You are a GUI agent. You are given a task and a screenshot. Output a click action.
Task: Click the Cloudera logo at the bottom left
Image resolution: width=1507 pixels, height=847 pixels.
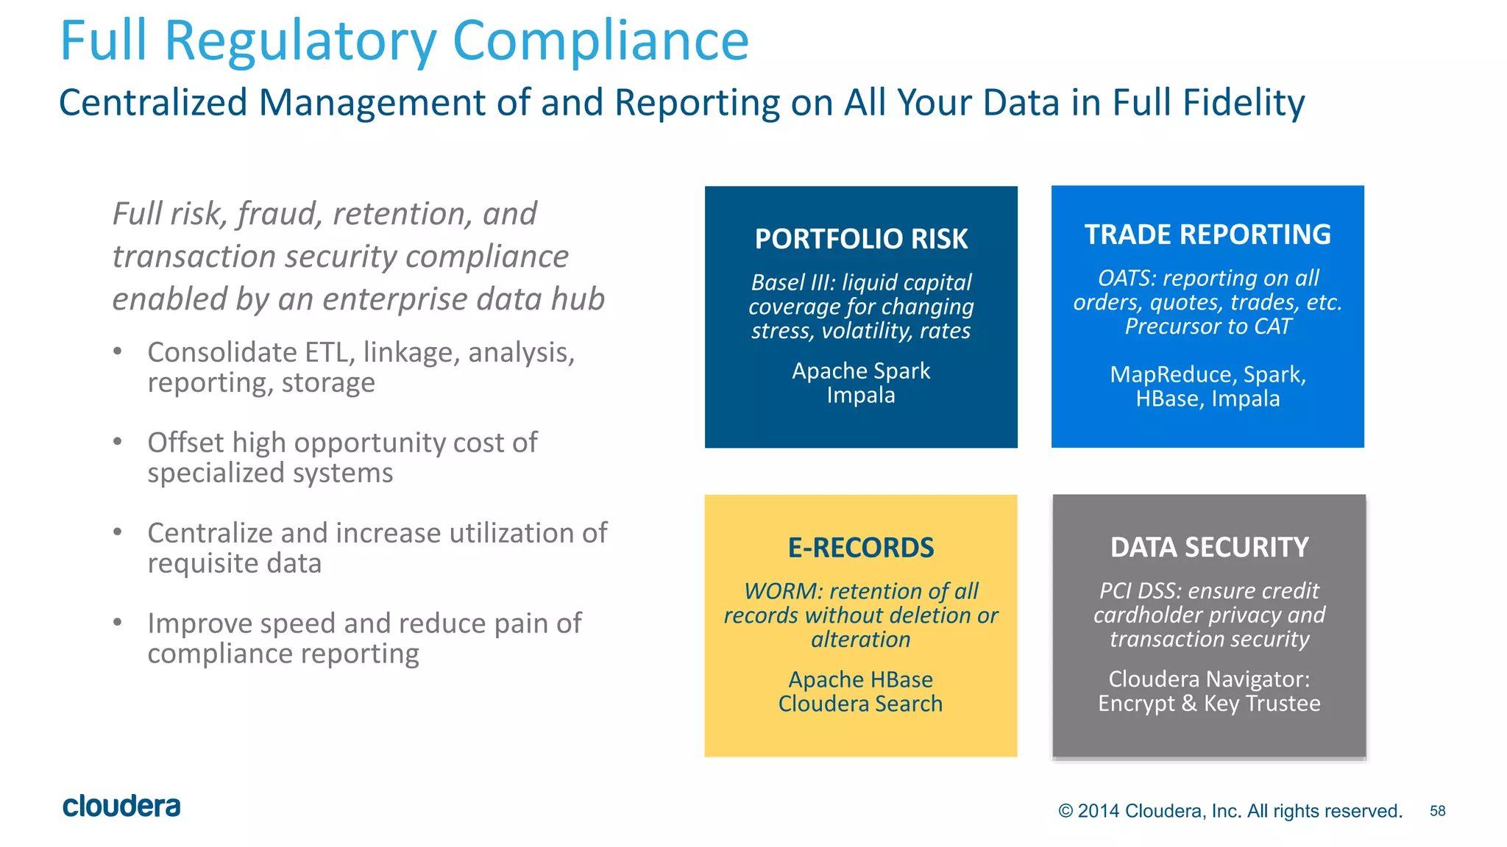click(121, 806)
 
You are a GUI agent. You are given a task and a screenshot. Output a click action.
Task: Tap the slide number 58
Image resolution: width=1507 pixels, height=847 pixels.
click(1437, 811)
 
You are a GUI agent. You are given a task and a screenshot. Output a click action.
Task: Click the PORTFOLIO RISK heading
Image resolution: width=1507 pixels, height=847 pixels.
click(861, 239)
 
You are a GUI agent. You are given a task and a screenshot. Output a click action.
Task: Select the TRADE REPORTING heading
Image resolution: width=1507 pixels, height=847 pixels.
click(1208, 235)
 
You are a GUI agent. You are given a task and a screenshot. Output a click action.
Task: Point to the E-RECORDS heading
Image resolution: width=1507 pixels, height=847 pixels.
click(860, 548)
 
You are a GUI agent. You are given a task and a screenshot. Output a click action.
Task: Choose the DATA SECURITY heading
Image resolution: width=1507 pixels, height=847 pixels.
click(1209, 547)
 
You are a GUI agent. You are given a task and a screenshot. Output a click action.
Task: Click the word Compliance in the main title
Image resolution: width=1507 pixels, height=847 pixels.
click(600, 40)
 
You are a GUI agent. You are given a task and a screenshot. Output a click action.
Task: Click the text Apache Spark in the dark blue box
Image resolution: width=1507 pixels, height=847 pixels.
click(861, 371)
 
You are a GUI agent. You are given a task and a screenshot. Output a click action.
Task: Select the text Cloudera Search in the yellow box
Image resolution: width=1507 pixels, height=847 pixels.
click(860, 704)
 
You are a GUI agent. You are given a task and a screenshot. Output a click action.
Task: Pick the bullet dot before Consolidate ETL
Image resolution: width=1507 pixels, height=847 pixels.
click(118, 351)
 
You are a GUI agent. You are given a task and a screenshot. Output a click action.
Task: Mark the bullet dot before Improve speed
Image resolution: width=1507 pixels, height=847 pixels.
click(118, 622)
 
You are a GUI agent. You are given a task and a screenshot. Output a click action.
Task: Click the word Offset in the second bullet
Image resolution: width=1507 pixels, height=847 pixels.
click(185, 443)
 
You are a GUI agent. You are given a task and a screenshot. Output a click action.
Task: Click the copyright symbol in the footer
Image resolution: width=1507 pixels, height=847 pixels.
click(1065, 811)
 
